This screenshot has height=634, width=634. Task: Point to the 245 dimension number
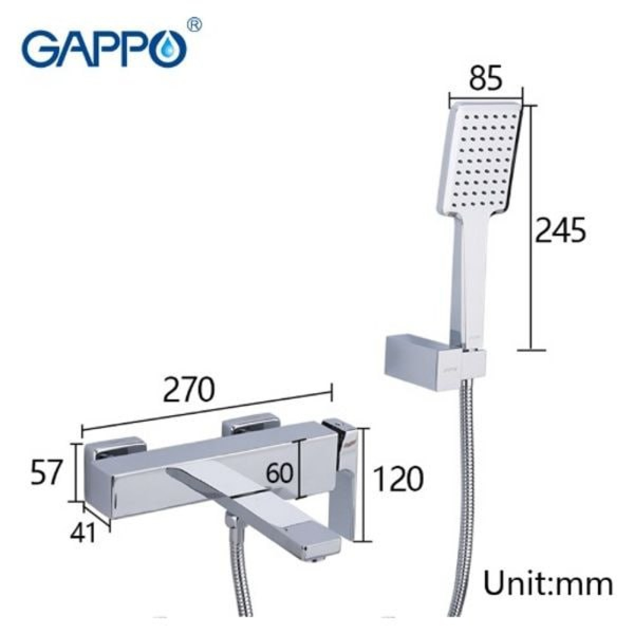click(x=560, y=230)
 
